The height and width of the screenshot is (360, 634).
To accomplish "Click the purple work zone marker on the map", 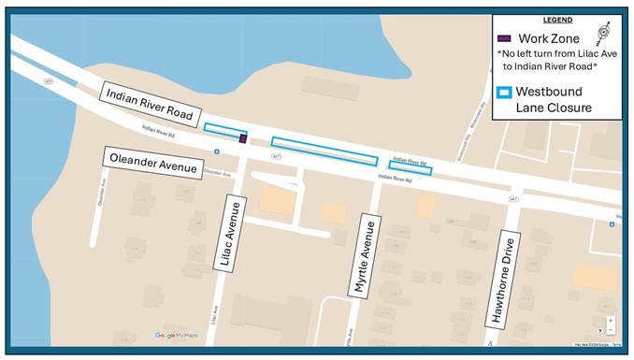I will [243, 139].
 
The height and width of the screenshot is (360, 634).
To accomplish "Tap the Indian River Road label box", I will [149, 103].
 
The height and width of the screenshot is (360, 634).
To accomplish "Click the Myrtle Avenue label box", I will [366, 258].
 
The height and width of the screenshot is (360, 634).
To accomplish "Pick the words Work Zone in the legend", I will [547, 39].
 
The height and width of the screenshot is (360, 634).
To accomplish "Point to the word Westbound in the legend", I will [560, 92].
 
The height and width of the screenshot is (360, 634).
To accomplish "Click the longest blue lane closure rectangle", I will [324, 151].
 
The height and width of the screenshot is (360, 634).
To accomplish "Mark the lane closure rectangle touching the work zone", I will [224, 131].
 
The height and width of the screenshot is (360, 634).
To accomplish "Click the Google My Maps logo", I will [178, 335].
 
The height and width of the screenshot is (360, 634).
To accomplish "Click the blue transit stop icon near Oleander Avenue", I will [217, 151].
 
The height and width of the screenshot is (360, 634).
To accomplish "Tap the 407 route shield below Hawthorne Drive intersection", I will [514, 199].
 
